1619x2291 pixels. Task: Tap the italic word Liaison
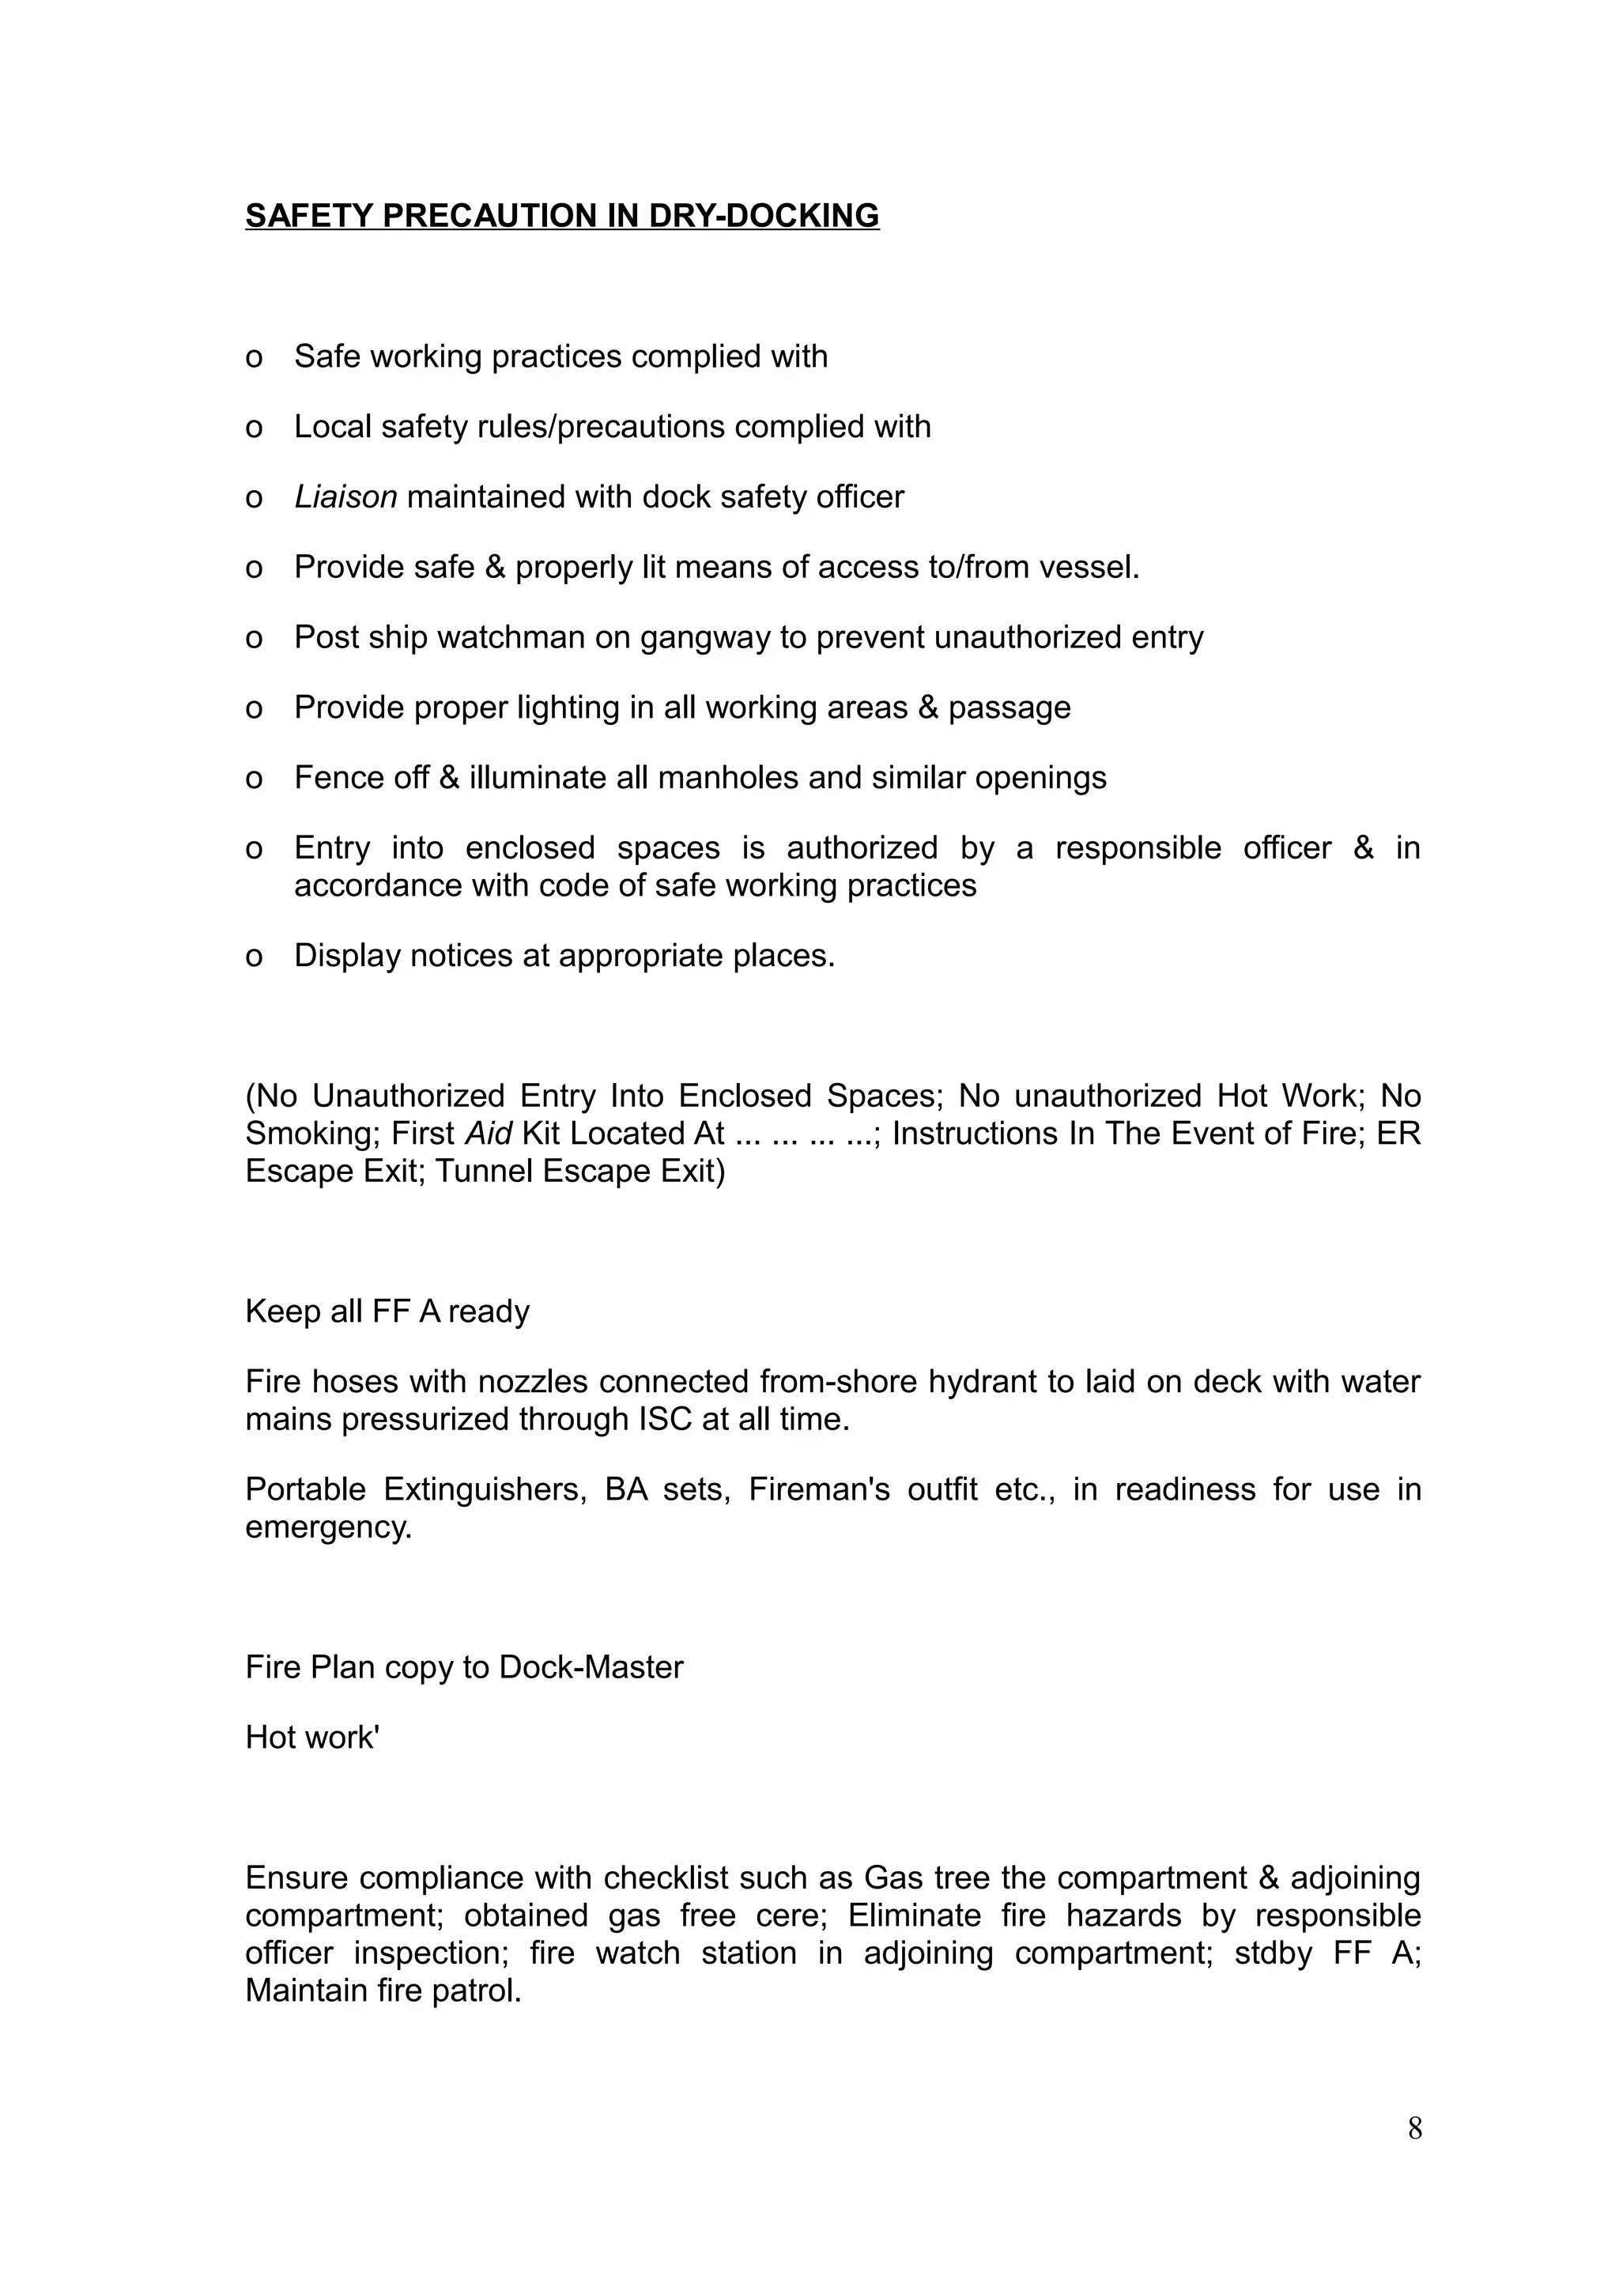pyautogui.click(x=345, y=497)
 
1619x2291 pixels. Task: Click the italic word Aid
pyautogui.click(x=489, y=1134)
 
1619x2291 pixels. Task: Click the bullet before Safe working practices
pyautogui.click(x=254, y=357)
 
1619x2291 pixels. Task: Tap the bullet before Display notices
pyautogui.click(x=254, y=957)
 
